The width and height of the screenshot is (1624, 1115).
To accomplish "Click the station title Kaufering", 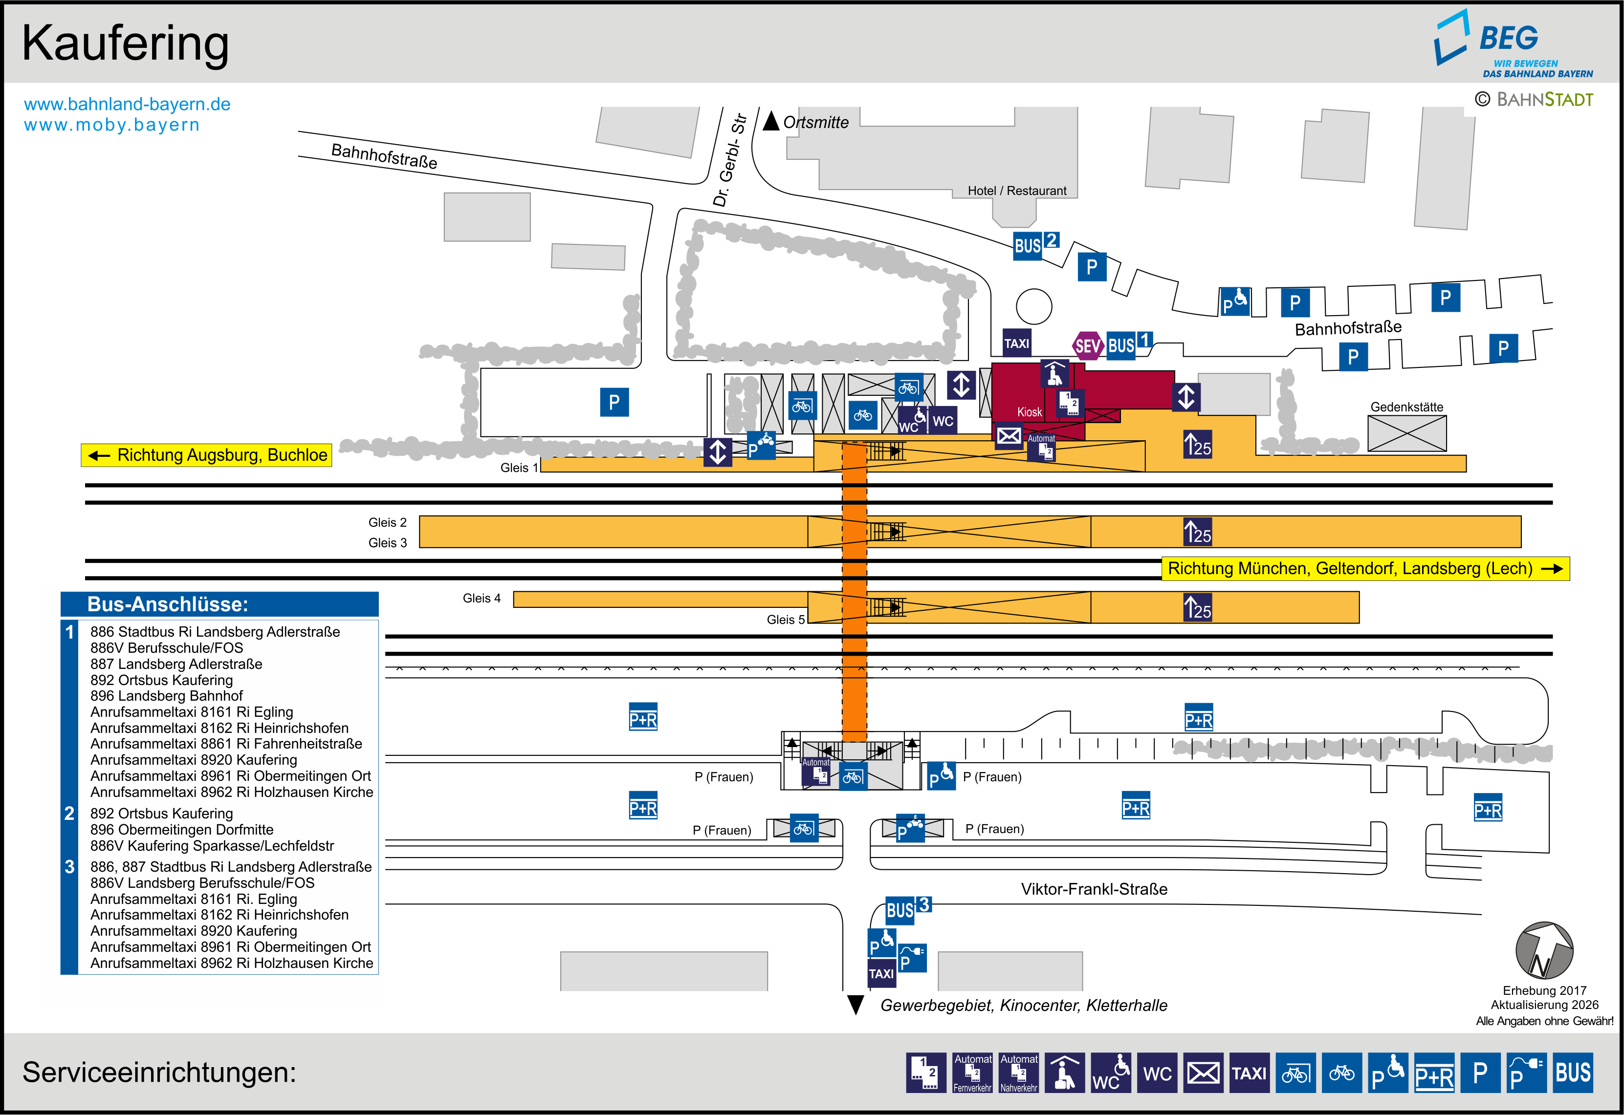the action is (x=125, y=43).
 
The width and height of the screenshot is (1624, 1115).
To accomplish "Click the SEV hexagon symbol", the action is (x=1087, y=345).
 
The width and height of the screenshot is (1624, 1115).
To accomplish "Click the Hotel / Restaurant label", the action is (x=1017, y=191).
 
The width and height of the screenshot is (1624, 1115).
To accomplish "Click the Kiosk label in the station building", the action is (x=1030, y=412).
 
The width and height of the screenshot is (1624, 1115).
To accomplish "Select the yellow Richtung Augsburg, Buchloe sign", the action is (x=206, y=455).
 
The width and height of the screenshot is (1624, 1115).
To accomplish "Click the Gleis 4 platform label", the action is (x=482, y=598).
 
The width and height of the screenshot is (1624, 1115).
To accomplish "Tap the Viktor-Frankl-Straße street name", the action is (x=1094, y=889).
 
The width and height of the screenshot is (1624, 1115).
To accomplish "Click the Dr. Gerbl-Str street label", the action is (x=730, y=160).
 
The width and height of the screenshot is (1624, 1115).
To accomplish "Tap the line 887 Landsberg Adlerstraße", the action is (x=176, y=664).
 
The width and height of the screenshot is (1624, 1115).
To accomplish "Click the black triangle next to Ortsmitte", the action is (x=771, y=121).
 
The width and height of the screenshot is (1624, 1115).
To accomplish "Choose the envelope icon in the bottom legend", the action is (x=1203, y=1072).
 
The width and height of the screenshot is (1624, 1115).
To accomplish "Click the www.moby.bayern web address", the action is (x=112, y=125).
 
